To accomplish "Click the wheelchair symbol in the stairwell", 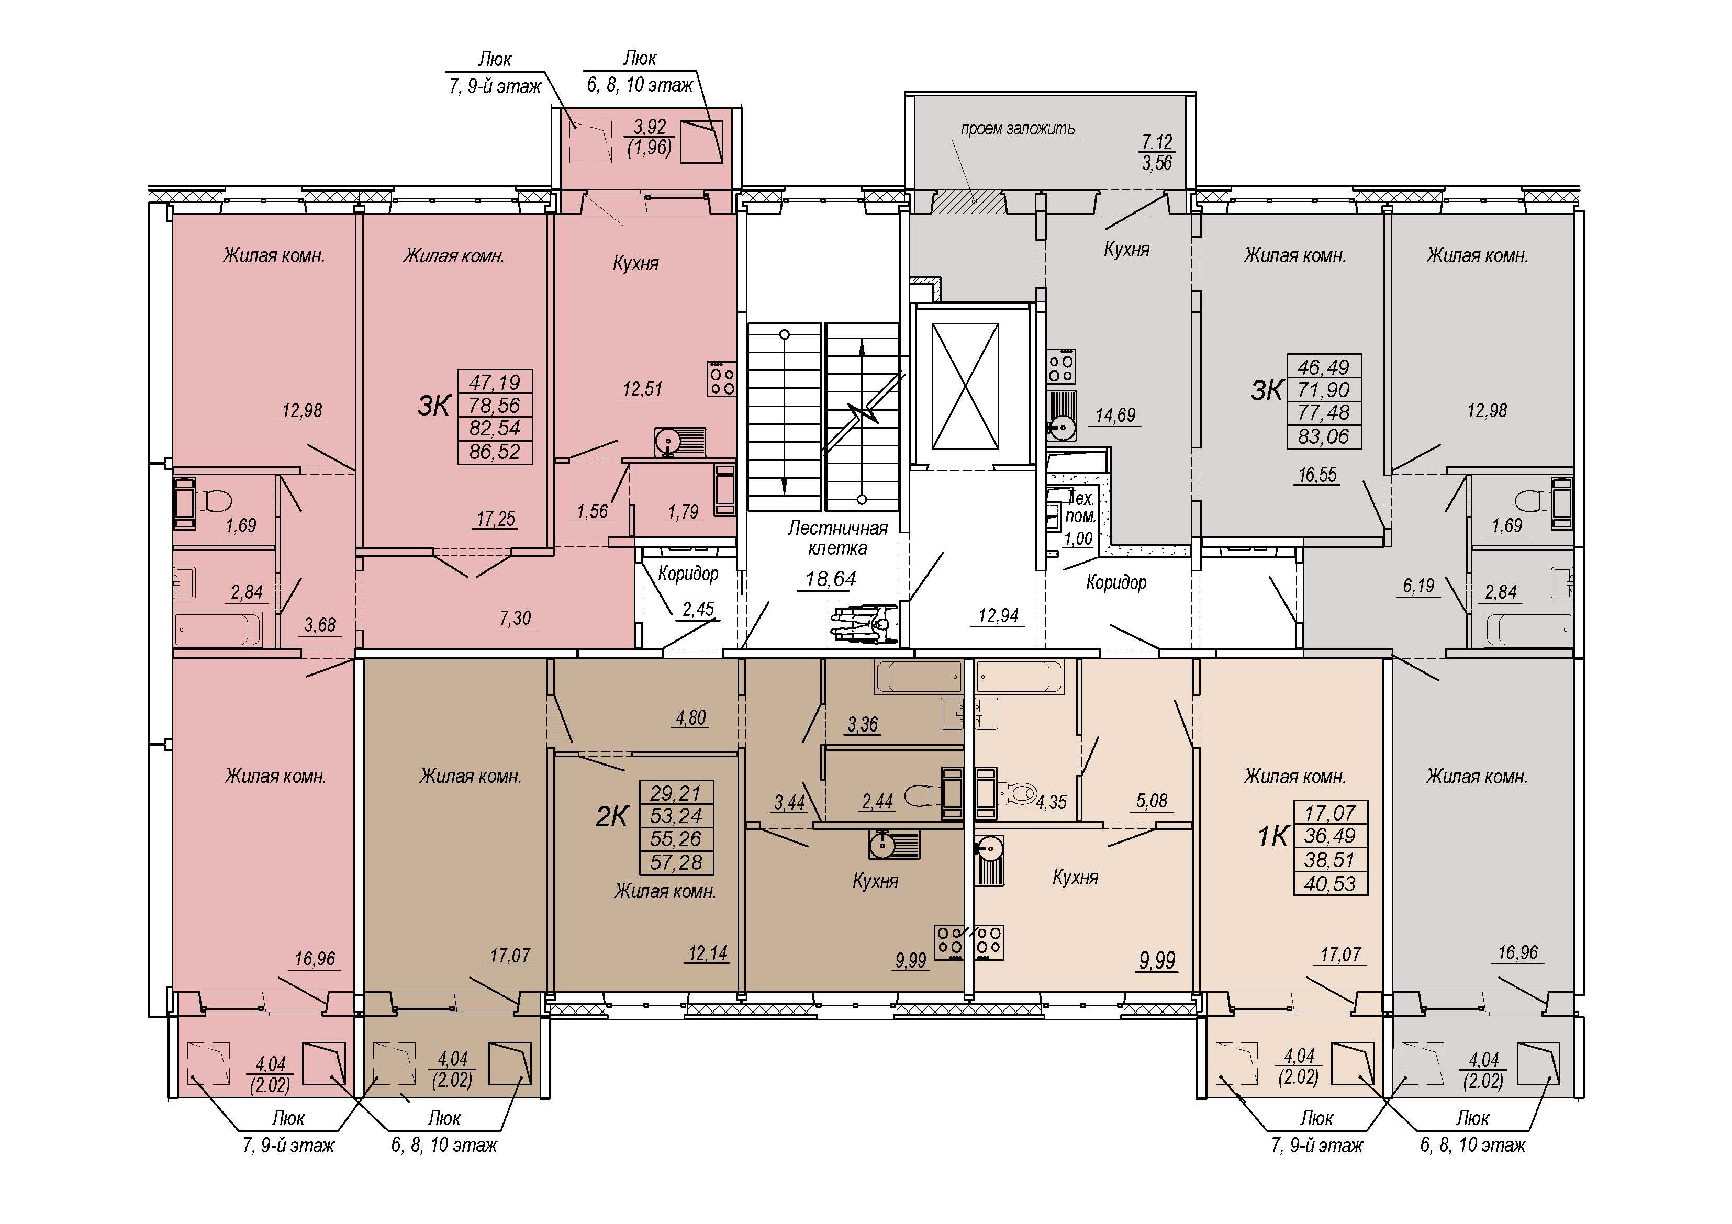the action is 863,622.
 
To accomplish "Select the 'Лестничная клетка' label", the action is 837,538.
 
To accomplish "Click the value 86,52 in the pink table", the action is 495,451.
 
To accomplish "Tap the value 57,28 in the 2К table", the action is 676,862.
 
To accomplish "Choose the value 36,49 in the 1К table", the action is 1330,836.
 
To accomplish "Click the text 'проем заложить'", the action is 1018,128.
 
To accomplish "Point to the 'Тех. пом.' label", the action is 1080,507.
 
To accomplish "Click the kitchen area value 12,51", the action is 643,389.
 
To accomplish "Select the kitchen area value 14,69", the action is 1116,415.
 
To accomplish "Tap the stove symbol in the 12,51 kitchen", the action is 721,378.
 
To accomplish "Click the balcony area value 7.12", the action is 1157,142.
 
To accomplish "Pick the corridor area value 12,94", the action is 998,615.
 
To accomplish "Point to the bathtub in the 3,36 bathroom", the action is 918,677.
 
